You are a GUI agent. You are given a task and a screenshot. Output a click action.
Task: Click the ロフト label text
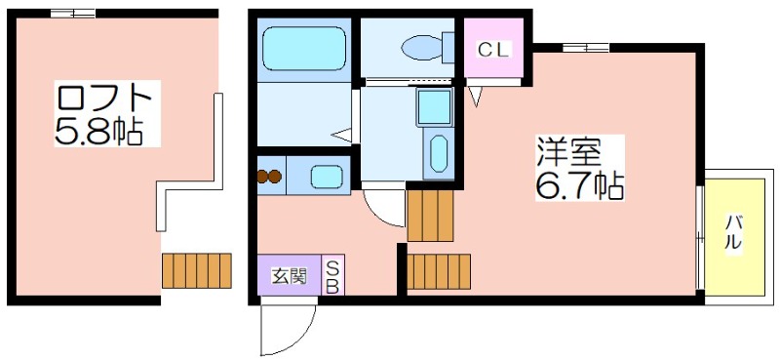(x=104, y=100)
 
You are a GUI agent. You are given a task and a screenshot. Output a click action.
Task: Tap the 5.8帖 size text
(x=99, y=131)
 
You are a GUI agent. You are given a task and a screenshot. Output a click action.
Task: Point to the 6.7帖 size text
(x=579, y=184)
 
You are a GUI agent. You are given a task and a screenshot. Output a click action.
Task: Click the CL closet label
(x=493, y=50)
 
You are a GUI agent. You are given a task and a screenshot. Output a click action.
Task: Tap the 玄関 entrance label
(x=289, y=275)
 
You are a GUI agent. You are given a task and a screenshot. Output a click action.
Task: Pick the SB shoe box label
(x=332, y=276)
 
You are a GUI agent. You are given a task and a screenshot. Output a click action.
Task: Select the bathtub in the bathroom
(x=304, y=49)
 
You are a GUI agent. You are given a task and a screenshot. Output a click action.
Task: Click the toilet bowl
(x=421, y=48)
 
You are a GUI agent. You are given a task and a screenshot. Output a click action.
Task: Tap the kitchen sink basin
(x=327, y=177)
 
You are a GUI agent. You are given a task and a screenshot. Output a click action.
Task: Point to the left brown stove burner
(x=262, y=177)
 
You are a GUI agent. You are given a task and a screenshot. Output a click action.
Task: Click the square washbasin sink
(x=434, y=107)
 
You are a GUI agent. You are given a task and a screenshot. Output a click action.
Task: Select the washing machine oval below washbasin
(x=438, y=154)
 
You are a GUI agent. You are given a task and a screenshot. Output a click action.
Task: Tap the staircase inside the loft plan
(x=197, y=271)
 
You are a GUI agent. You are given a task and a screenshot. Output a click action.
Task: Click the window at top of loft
(x=73, y=14)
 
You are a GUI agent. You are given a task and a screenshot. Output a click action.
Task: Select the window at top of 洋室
(x=586, y=48)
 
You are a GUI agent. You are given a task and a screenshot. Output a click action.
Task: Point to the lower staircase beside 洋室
(x=438, y=271)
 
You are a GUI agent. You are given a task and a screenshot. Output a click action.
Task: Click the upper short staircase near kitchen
(x=430, y=216)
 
